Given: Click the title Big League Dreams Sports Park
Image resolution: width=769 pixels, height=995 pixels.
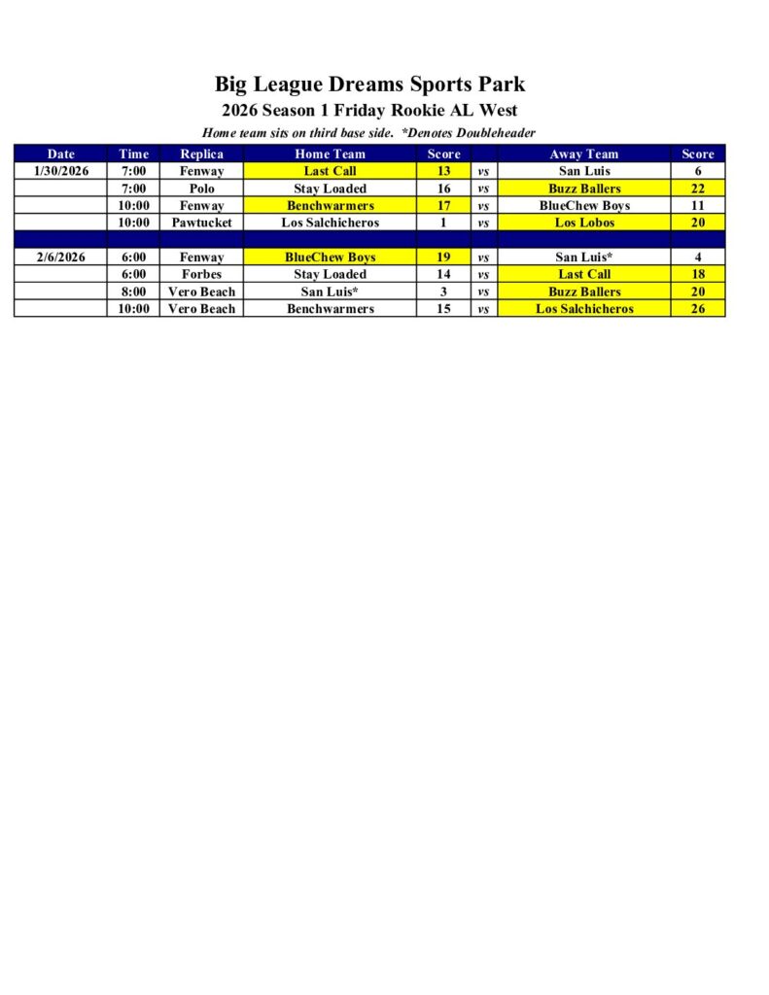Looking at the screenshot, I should click(369, 84).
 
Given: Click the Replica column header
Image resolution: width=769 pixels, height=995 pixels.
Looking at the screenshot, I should click(202, 154).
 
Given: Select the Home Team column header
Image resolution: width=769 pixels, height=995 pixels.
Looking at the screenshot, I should click(330, 154).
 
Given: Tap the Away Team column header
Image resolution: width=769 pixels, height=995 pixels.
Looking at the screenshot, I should click(583, 154).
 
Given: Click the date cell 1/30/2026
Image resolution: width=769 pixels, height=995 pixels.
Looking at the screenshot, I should click(60, 171).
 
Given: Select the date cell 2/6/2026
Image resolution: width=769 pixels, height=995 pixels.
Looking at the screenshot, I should click(60, 257).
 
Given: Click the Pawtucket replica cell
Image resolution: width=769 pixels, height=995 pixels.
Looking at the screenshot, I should click(202, 223).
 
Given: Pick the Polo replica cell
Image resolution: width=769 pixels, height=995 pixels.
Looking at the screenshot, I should click(202, 189).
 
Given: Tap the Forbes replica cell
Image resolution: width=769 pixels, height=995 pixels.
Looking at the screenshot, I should click(202, 274).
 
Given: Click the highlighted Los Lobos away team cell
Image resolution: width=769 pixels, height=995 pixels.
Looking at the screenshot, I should click(583, 223).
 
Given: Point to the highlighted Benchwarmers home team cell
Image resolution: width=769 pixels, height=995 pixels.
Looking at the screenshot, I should click(330, 206).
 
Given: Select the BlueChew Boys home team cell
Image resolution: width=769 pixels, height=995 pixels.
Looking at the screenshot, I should click(330, 257).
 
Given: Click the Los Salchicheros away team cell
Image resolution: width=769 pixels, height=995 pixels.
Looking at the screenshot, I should click(583, 309).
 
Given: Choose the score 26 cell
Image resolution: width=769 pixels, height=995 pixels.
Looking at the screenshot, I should click(698, 309).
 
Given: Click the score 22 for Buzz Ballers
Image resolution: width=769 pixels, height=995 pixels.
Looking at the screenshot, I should click(698, 189).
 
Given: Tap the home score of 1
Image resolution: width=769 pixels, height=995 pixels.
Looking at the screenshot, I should click(443, 223).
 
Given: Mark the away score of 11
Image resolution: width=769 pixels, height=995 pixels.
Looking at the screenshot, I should click(698, 206).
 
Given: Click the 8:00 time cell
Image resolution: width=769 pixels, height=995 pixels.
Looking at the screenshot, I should click(133, 292).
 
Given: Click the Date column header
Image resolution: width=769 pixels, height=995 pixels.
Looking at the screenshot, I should click(60, 154).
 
